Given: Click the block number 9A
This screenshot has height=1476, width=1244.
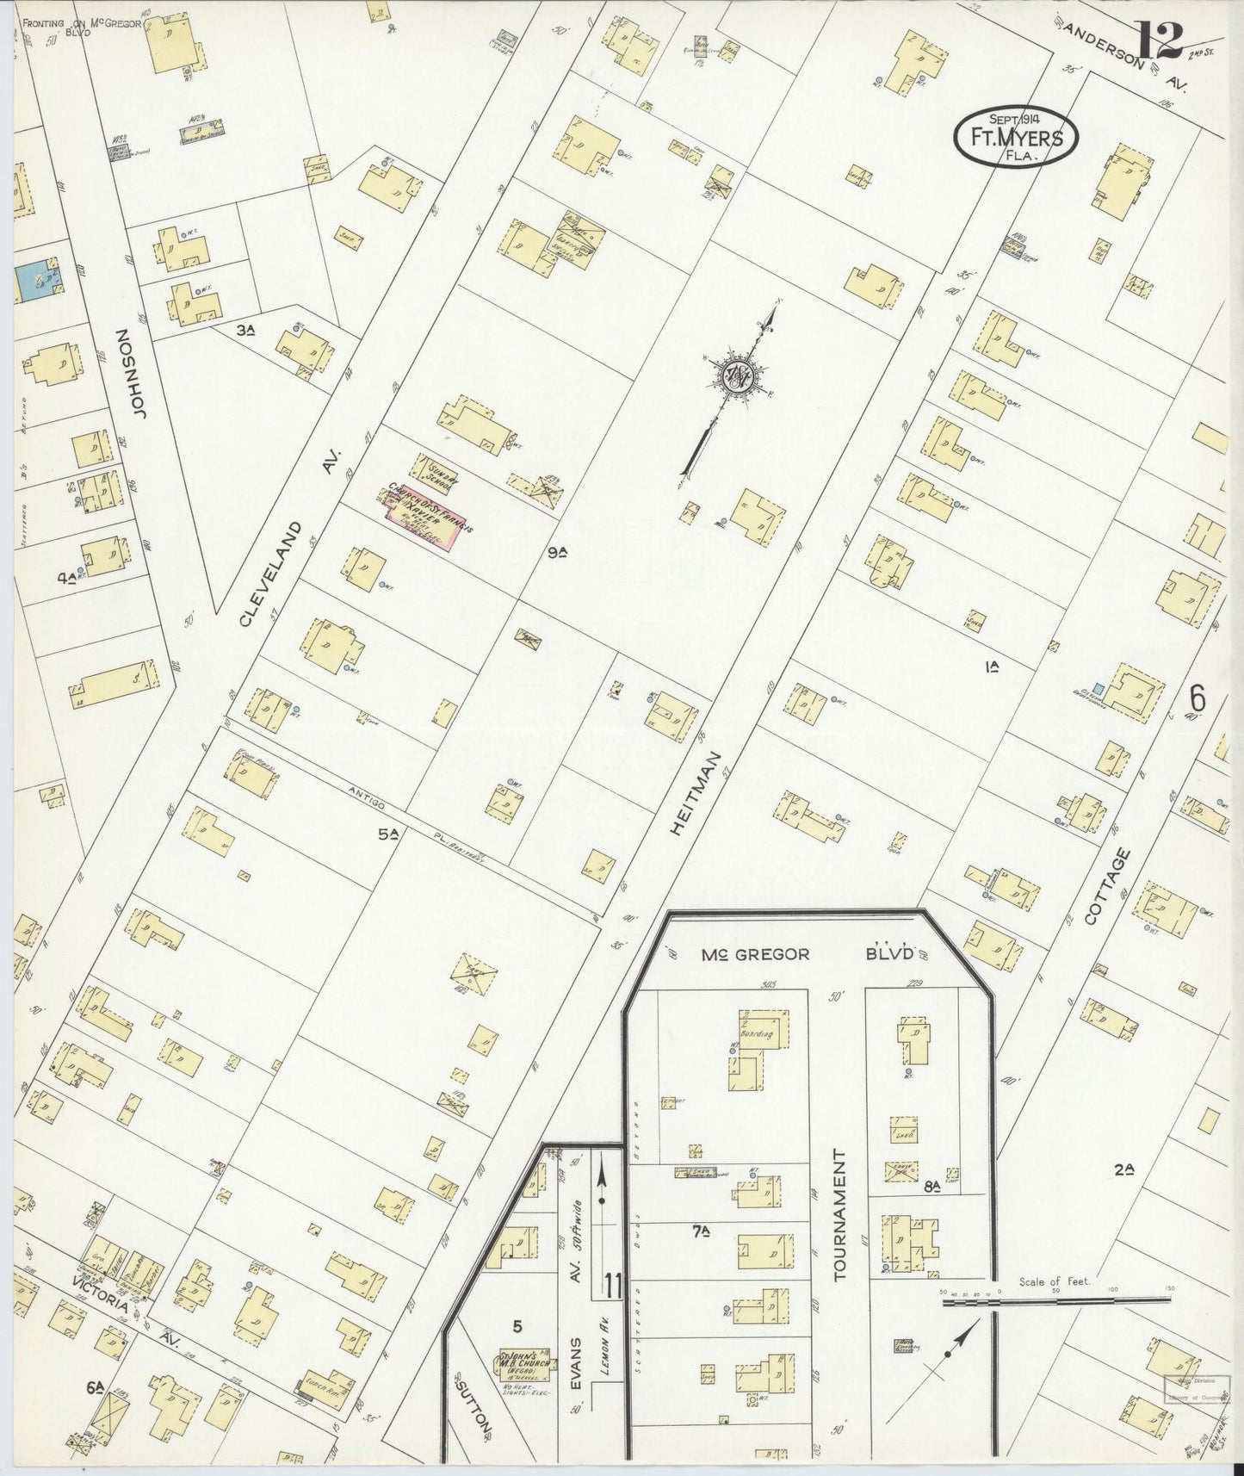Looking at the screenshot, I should click(559, 553).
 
